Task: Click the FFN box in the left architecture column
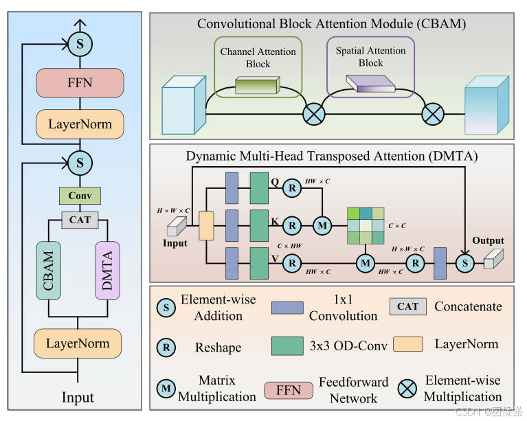pyautogui.click(x=80, y=83)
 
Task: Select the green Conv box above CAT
pyautogui.click(x=80, y=196)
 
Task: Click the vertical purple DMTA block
pyautogui.click(x=107, y=270)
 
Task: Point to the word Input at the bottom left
pyautogui.click(x=78, y=398)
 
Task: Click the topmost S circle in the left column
pyautogui.click(x=80, y=45)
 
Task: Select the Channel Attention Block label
pyautogui.click(x=258, y=58)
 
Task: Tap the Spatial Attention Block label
pyautogui.click(x=370, y=57)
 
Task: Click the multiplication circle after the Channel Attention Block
pyautogui.click(x=315, y=113)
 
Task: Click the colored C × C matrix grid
pyautogui.click(x=366, y=225)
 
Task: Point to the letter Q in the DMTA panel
pyautogui.click(x=275, y=183)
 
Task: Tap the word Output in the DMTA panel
pyautogui.click(x=488, y=240)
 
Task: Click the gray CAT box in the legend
pyautogui.click(x=408, y=306)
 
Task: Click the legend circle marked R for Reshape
pyautogui.click(x=166, y=347)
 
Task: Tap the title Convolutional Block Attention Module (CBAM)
pyautogui.click(x=332, y=24)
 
